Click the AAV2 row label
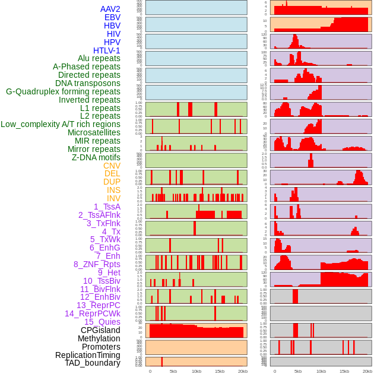[110, 9]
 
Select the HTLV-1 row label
[107, 50]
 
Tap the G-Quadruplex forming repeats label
[63, 92]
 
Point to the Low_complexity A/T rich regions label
[61, 124]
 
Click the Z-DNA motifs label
[96, 157]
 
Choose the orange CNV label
[112, 166]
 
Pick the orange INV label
[113, 198]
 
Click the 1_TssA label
[107, 207]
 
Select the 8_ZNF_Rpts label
[97, 264]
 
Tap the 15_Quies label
[102, 322]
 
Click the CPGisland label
[100, 330]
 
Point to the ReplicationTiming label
[87, 355]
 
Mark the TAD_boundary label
[93, 363]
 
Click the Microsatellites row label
[94, 132]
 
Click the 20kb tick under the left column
[242, 371]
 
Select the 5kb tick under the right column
[298, 371]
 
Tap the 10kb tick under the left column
[196, 371]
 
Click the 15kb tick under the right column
[344, 371]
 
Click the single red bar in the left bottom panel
[162, 362]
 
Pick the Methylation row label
[99, 338]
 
